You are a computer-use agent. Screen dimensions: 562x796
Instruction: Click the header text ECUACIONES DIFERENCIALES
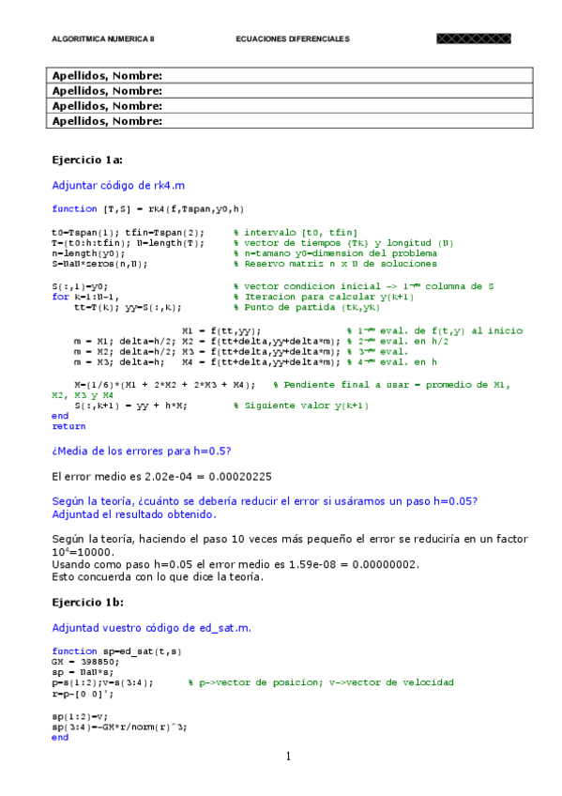pyautogui.click(x=292, y=39)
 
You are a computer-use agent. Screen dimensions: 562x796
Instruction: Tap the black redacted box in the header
pyautogui.click(x=473, y=39)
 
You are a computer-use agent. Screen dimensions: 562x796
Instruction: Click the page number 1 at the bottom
pyautogui.click(x=289, y=757)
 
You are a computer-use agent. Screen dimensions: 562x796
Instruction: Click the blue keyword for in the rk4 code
pyautogui.click(x=59, y=296)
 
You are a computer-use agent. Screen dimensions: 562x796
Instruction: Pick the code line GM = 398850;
pyautogui.click(x=80, y=662)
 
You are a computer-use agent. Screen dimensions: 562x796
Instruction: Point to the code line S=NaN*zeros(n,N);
pyautogui.click(x=102, y=263)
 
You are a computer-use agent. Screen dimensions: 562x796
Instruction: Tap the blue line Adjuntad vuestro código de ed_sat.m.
pyautogui.click(x=151, y=627)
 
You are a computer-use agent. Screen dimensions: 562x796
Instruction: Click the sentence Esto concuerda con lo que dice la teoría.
pyautogui.click(x=158, y=576)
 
